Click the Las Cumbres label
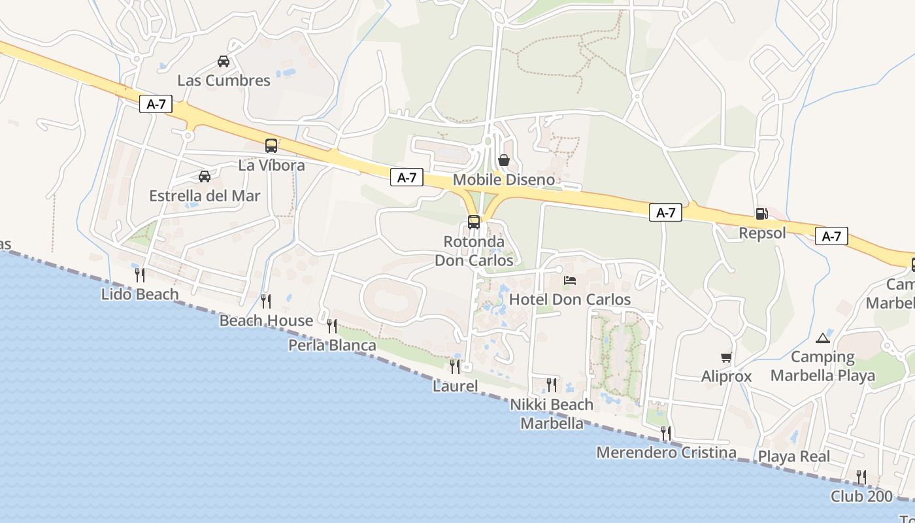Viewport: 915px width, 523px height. [x=224, y=80]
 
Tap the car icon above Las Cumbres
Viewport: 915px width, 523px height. [x=224, y=61]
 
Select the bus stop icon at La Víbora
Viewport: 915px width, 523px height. [x=271, y=146]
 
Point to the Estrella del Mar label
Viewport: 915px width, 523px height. [x=205, y=196]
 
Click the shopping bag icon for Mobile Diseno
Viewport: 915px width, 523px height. [x=504, y=160]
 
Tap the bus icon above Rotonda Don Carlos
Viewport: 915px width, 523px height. [x=474, y=222]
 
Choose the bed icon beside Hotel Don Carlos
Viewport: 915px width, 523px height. [x=570, y=280]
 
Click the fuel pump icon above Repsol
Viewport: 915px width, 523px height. [x=761, y=214]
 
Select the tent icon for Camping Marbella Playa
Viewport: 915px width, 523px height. [x=822, y=338]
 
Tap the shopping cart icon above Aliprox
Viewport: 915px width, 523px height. [x=726, y=357]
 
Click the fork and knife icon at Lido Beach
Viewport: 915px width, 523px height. [x=139, y=275]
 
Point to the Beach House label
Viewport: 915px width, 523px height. [x=266, y=321]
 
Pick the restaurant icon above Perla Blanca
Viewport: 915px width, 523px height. [x=332, y=326]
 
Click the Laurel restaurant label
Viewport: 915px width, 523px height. [x=455, y=386]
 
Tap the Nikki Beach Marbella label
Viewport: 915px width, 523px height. [x=552, y=414]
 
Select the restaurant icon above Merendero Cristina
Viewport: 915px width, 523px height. [x=665, y=433]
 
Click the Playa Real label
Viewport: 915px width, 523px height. [x=794, y=456]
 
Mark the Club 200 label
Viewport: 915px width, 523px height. [x=861, y=496]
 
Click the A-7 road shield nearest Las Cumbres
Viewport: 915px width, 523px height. [x=156, y=104]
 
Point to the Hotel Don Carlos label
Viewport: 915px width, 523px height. [x=570, y=299]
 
